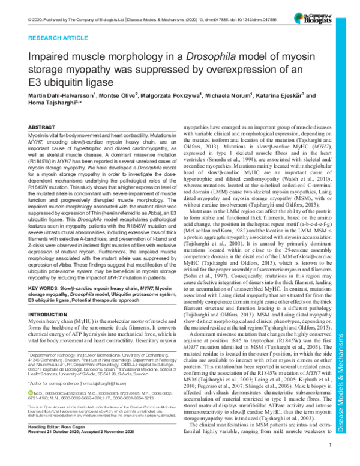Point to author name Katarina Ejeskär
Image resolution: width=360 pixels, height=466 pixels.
coord(288,97)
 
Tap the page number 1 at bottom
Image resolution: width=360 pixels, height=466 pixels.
coord(331,461)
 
